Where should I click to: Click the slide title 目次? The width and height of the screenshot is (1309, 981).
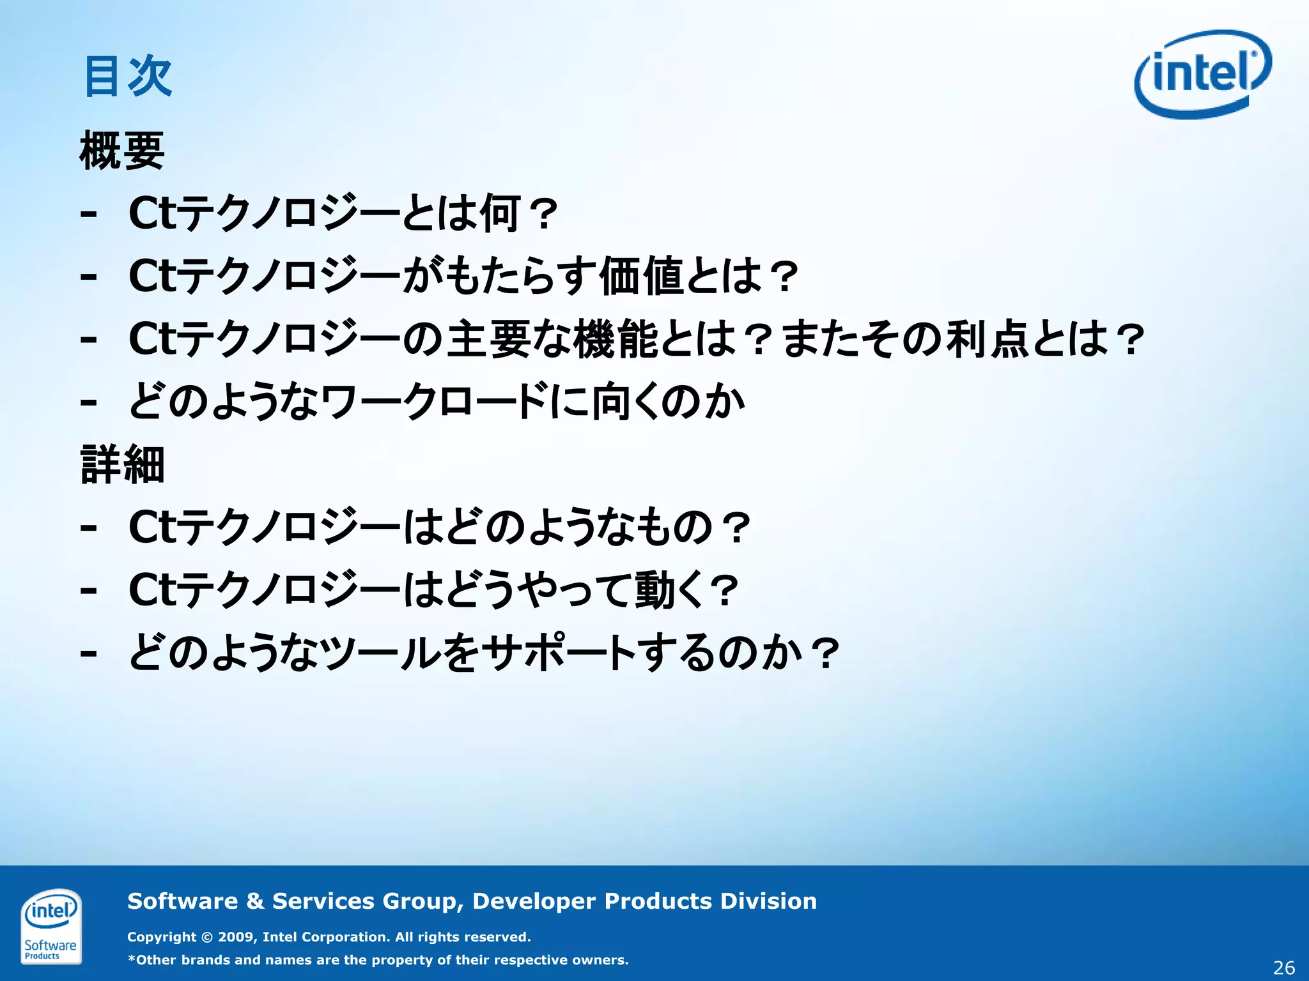(128, 77)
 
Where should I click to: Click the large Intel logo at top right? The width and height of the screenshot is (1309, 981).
(1202, 74)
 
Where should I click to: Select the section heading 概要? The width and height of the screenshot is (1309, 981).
(122, 151)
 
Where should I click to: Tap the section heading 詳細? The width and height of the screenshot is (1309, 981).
(122, 464)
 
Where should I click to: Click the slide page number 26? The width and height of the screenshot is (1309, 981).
(1283, 968)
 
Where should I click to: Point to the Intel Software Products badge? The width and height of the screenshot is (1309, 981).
(50, 925)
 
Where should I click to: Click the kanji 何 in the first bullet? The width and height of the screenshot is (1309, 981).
(500, 213)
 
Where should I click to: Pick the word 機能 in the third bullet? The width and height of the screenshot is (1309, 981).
(616, 338)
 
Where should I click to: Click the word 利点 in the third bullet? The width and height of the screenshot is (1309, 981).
(988, 338)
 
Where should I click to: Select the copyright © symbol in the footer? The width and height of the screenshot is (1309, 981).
(206, 938)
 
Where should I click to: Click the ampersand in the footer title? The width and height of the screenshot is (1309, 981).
(254, 901)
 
